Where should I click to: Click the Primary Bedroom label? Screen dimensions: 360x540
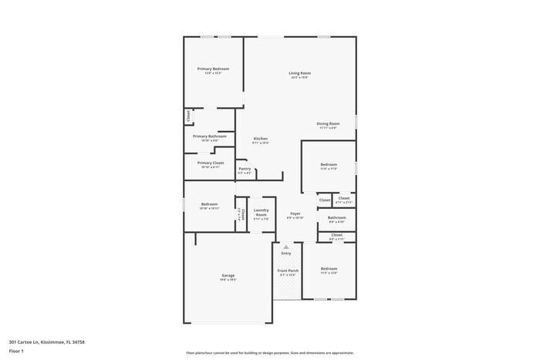click(213, 69)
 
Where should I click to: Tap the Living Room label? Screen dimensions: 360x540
click(301, 73)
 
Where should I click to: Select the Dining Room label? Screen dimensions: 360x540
click(328, 123)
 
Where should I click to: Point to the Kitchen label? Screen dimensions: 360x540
click(261, 139)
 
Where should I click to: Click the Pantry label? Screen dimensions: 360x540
click(245, 169)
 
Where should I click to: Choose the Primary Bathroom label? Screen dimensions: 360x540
click(210, 136)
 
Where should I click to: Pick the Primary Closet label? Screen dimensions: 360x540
click(210, 163)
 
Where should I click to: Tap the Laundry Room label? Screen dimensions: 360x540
click(261, 212)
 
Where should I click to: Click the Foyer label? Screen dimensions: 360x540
click(295, 214)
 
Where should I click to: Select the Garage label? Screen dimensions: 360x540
click(228, 275)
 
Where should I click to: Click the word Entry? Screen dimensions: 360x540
click(286, 253)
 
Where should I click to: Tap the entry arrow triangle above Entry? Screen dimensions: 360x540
click(286, 247)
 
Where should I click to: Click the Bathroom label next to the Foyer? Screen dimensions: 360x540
click(337, 217)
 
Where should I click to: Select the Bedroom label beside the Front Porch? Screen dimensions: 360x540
click(329, 268)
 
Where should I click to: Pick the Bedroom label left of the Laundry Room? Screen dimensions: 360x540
click(209, 204)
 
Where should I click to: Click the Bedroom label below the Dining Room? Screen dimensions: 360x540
click(329, 164)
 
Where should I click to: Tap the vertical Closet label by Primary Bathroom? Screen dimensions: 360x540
click(187, 116)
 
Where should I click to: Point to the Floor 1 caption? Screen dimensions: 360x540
click(16, 350)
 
